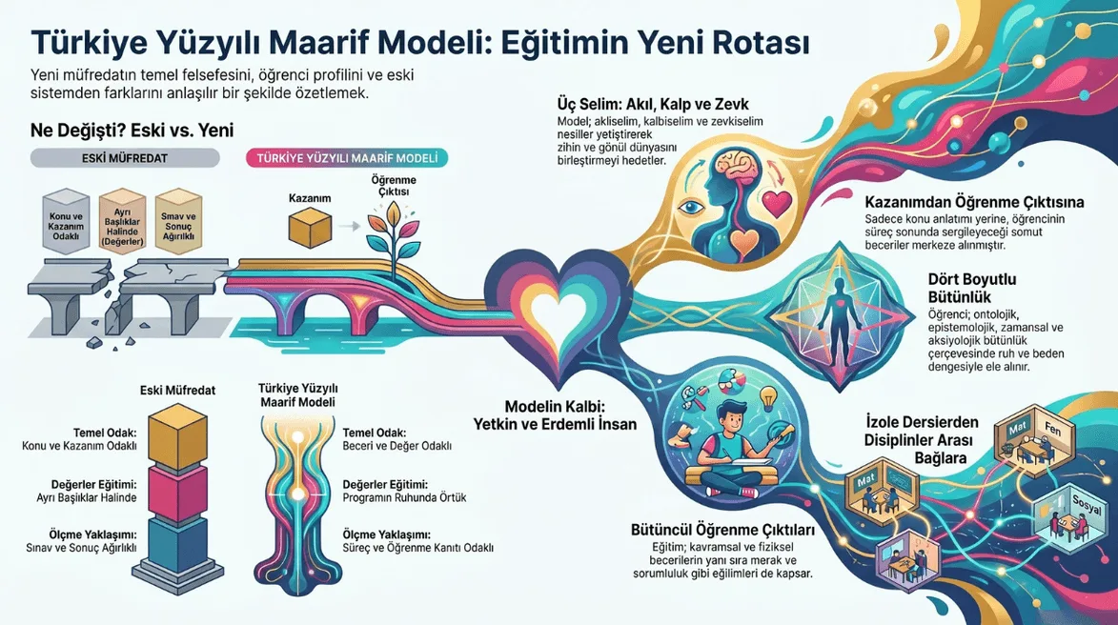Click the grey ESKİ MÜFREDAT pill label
125,157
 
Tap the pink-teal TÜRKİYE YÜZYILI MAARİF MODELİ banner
347,157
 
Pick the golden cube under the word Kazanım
310,228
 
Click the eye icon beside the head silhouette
690,208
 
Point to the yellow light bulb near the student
768,397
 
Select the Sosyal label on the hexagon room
1087,505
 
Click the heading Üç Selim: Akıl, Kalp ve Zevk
653,105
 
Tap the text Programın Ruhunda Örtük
404,497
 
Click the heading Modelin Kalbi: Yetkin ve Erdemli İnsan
555,415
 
